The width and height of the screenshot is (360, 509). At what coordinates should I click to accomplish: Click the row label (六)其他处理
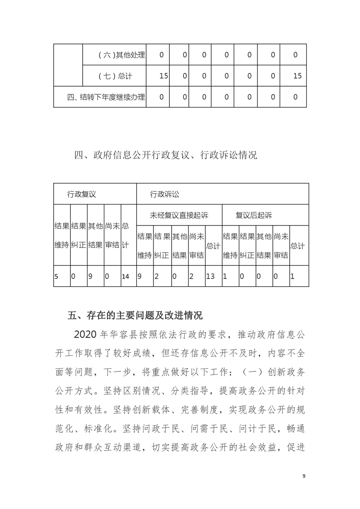(121, 55)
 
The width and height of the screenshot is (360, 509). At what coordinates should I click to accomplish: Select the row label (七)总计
(115, 76)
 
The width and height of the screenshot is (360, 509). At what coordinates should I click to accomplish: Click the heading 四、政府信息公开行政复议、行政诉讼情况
(166, 156)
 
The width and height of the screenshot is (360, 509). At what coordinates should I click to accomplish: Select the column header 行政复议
(82, 194)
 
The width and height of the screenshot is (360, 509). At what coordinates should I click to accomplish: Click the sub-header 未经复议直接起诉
(179, 215)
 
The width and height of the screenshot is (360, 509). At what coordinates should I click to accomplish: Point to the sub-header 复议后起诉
(254, 215)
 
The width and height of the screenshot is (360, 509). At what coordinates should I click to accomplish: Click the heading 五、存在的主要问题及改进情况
(134, 315)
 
